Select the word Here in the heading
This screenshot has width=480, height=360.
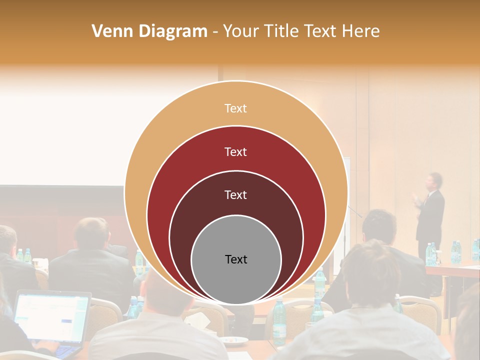[x=360, y=31]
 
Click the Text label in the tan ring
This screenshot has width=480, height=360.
[x=235, y=108]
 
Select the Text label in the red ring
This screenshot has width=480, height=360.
[x=235, y=151]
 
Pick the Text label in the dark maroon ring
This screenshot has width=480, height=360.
[x=235, y=194]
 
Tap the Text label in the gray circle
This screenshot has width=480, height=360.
[x=236, y=259]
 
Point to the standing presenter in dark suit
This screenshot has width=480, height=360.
[x=431, y=215]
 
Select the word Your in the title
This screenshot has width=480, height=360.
[x=239, y=31]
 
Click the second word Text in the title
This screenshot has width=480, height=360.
[x=321, y=31]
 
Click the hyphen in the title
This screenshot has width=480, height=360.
[x=214, y=32]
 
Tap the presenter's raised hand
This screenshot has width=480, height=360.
[x=416, y=200]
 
